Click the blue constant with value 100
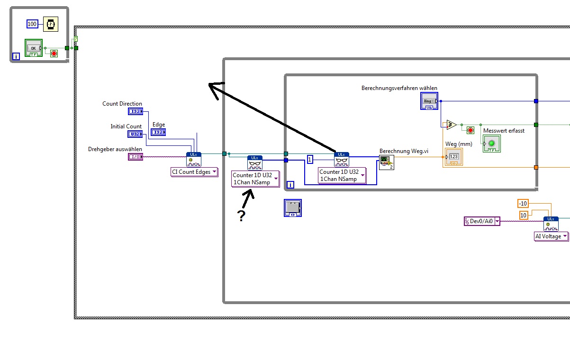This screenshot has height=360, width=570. click(x=32, y=24)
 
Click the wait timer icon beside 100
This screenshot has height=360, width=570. click(x=51, y=24)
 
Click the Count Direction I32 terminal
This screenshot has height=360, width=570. click(x=135, y=111)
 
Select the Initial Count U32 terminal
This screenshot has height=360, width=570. click(x=135, y=134)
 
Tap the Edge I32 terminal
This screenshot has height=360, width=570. click(x=158, y=132)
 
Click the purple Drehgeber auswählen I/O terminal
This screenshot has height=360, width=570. click(x=135, y=157)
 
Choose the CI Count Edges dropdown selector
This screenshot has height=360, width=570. click(x=194, y=172)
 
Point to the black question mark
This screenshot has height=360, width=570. click(x=242, y=216)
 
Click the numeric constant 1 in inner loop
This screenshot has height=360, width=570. click(x=310, y=160)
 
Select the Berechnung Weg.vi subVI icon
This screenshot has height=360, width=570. click(x=387, y=162)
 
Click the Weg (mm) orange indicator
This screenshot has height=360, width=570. click(x=453, y=157)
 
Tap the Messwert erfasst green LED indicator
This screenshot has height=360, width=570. click(x=491, y=144)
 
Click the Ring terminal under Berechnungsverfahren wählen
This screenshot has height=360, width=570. click(x=428, y=101)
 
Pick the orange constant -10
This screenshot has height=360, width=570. click(x=523, y=204)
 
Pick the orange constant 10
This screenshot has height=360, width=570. click(x=524, y=216)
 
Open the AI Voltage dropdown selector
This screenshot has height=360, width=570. click(x=552, y=236)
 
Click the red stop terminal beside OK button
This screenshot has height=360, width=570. click(x=54, y=53)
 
